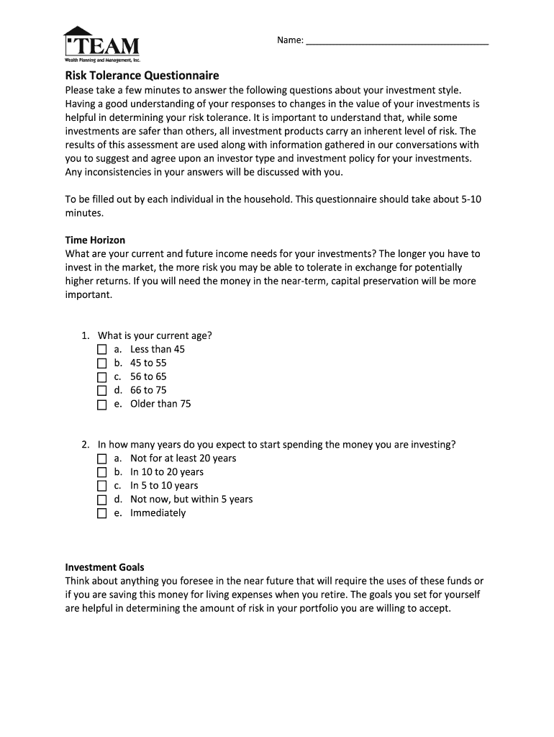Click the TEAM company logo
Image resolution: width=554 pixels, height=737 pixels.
102,44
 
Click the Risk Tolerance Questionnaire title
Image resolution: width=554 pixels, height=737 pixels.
142,76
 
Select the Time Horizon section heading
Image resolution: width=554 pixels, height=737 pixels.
95,240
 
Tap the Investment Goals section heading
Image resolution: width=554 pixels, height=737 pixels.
104,567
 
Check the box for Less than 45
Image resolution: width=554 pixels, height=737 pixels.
101,350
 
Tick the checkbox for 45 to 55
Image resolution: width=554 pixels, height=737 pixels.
101,363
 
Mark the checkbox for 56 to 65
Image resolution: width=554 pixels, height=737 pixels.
101,377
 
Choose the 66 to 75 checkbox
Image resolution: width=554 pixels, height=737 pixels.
101,391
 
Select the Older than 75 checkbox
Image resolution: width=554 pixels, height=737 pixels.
101,404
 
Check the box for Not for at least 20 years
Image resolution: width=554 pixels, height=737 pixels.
101,458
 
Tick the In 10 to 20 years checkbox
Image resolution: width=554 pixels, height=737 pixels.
101,472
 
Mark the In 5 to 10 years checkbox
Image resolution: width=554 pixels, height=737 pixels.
101,486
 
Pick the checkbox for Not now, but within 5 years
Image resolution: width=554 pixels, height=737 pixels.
101,499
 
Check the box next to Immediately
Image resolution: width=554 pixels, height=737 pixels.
101,513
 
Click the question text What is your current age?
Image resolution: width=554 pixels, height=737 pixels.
155,335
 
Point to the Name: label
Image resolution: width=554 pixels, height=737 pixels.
290,40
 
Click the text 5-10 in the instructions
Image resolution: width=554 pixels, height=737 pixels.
470,199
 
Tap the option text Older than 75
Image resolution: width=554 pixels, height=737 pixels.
160,404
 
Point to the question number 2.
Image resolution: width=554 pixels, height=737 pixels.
84,445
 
